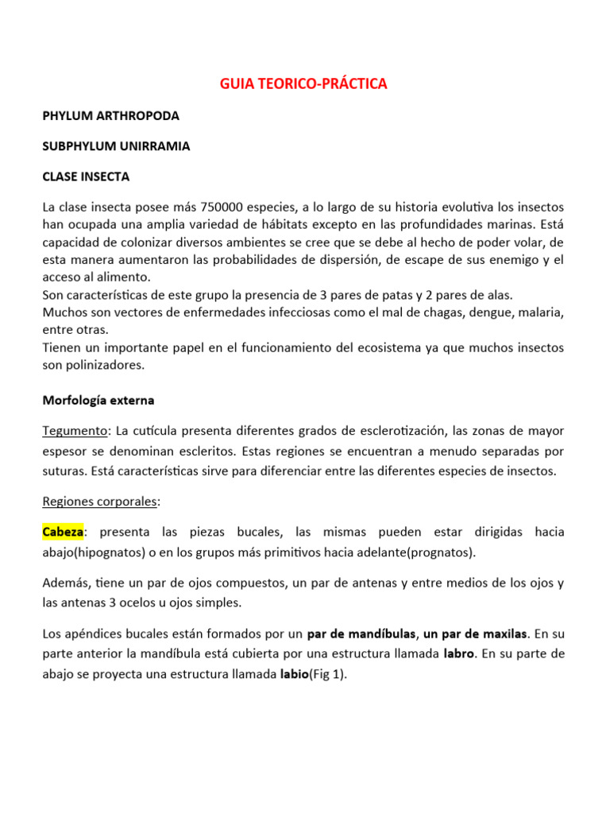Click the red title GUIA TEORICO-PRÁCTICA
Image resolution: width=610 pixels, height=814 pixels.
[x=303, y=84]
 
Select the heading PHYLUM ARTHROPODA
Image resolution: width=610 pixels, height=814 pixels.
[x=110, y=116]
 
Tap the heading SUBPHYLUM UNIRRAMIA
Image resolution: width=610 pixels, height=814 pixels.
[x=116, y=146]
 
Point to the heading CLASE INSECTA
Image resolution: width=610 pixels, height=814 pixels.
[x=86, y=176]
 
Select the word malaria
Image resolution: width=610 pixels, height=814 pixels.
[x=541, y=312]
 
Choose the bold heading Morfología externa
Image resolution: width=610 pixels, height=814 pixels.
[x=98, y=400]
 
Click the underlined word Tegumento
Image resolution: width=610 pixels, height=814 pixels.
[x=75, y=431]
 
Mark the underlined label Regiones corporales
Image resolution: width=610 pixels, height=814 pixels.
[x=101, y=502]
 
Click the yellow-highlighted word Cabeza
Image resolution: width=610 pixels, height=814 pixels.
[x=63, y=532]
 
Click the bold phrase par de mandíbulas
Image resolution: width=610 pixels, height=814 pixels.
[x=361, y=634]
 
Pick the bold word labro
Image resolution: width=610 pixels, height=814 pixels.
[x=458, y=654]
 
